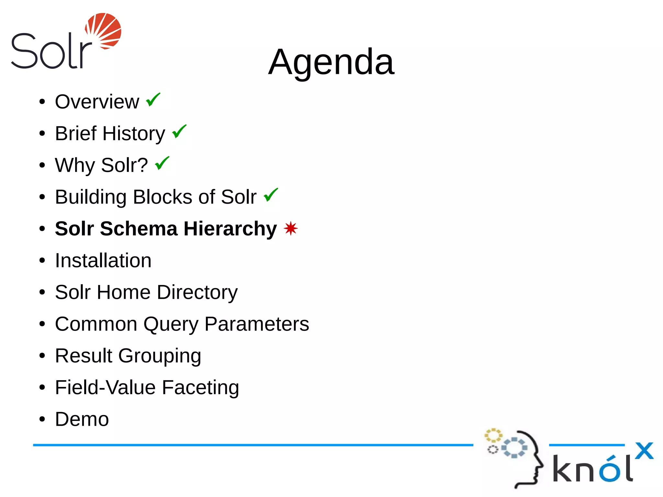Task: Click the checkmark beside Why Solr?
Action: click(x=162, y=163)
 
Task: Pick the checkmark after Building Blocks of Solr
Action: click(x=271, y=195)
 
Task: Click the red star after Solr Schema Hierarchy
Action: click(x=290, y=229)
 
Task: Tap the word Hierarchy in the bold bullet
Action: click(x=230, y=229)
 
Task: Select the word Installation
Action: click(x=103, y=261)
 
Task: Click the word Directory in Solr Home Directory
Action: click(x=197, y=292)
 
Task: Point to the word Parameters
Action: click(x=257, y=324)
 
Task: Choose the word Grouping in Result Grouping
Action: click(x=160, y=356)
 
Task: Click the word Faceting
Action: click(x=200, y=388)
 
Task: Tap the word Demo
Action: click(x=82, y=419)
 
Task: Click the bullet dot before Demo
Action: click(x=42, y=420)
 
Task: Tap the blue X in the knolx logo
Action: click(x=644, y=451)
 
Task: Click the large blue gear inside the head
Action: click(x=514, y=447)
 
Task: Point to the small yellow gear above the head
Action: click(x=493, y=435)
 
